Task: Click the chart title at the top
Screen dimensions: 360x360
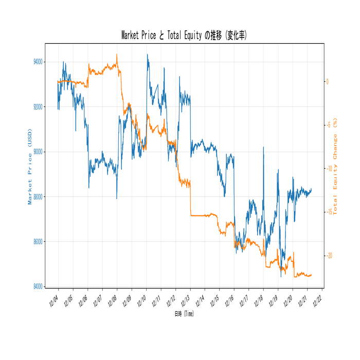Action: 184,35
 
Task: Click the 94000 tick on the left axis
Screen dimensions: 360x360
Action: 38,62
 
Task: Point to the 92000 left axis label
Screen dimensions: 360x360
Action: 38,107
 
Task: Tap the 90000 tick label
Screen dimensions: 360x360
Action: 38,152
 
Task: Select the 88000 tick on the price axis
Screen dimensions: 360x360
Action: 38,196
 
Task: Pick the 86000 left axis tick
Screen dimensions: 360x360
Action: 38,241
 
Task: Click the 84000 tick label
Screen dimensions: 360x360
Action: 38,286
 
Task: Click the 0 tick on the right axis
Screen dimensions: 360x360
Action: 327,81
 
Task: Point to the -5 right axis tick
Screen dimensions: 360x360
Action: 328,125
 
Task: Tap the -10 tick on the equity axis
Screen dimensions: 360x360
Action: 329,169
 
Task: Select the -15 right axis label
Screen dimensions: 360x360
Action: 329,212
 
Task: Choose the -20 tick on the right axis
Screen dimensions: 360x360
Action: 329,256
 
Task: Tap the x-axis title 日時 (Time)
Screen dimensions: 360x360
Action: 184,313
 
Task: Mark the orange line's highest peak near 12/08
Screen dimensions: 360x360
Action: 117,55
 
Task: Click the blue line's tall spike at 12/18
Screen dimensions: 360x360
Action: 263,147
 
